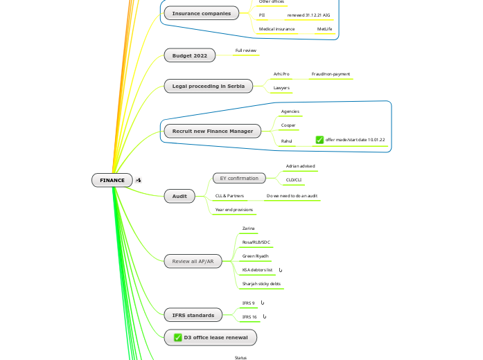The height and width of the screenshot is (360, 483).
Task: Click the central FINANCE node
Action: click(112, 180)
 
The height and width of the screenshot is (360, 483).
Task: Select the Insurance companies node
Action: click(202, 13)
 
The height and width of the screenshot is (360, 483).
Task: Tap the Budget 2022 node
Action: click(189, 55)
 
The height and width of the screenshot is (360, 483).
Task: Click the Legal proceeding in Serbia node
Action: click(209, 86)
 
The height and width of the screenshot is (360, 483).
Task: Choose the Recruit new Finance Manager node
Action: click(212, 130)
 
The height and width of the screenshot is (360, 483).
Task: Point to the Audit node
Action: click(179, 197)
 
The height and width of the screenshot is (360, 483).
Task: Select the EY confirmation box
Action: click(238, 178)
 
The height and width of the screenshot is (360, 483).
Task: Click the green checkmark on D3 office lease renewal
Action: click(178, 337)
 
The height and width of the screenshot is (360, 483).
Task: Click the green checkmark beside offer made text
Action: click(319, 140)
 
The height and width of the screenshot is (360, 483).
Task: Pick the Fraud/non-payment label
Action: click(331, 73)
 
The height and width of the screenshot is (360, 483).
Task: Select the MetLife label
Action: click(324, 29)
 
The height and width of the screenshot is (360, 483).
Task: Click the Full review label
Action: click(246, 51)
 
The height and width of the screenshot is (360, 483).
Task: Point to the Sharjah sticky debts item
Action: click(261, 284)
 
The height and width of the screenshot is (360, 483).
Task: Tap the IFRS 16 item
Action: click(249, 316)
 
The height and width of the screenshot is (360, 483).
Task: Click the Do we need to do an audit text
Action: click(292, 196)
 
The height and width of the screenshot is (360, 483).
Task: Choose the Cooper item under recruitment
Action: click(288, 125)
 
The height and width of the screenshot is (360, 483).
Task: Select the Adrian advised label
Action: click(300, 166)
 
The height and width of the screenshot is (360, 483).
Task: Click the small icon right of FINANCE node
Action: click(139, 180)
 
